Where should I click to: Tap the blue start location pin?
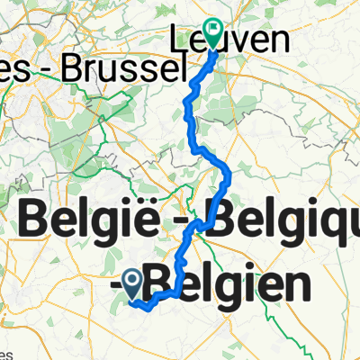134,286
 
